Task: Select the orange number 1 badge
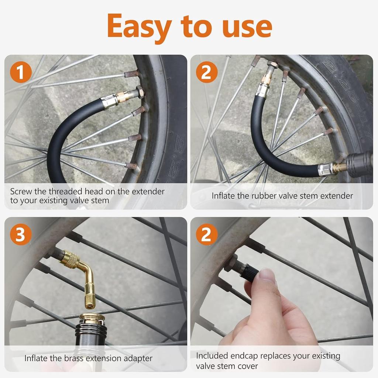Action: (20, 72)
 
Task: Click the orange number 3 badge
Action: (20, 235)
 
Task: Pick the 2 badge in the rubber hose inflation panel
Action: (206, 72)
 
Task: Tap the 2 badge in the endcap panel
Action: (206, 235)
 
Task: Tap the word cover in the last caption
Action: (248, 366)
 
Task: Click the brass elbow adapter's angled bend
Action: (87, 270)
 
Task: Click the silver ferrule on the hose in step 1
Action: (110, 102)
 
